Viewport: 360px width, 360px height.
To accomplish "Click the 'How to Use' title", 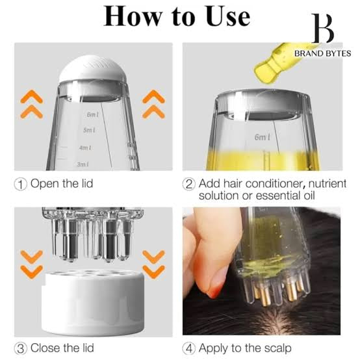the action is click(x=177, y=16).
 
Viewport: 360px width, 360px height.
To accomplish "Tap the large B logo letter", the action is click(x=323, y=29).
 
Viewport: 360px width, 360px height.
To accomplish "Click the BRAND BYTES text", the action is click(x=322, y=53).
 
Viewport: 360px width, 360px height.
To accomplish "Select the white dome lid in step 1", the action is click(x=93, y=69).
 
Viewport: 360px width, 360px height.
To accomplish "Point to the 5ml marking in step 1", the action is click(x=89, y=130).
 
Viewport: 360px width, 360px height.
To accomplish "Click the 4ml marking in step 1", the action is click(x=85, y=148).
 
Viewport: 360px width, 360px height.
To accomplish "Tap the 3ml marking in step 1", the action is click(x=83, y=164).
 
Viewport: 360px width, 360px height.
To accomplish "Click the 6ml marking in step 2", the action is click(x=262, y=137).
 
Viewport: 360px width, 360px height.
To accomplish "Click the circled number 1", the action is click(x=21, y=185).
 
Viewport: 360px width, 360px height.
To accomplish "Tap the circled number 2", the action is click(x=188, y=185).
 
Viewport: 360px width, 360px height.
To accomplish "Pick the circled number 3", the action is click(x=21, y=348).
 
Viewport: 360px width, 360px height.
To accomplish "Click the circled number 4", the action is click(x=188, y=348).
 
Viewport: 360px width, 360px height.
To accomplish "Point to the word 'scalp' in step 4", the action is click(x=278, y=348).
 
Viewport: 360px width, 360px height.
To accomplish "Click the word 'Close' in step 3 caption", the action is click(x=45, y=348).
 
